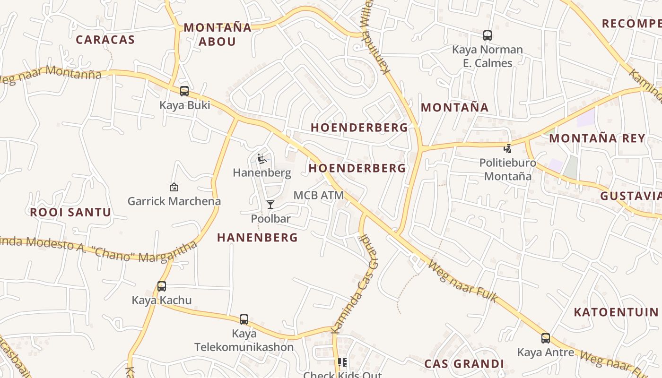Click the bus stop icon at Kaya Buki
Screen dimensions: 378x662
tap(184, 91)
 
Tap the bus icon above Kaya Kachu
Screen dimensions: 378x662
tap(162, 286)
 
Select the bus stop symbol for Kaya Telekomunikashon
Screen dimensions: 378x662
tap(244, 319)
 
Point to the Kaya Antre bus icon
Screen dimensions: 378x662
tap(546, 338)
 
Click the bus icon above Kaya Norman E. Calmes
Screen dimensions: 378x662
tap(488, 35)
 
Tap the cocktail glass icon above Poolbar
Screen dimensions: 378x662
tap(270, 205)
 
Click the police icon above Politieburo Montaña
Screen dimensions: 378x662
tap(508, 149)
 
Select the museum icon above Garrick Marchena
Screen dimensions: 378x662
tap(174, 187)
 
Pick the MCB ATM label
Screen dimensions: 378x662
tap(318, 195)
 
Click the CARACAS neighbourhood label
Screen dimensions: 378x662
tap(105, 40)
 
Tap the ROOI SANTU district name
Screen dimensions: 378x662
tap(70, 212)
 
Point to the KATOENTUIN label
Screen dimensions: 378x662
tap(616, 312)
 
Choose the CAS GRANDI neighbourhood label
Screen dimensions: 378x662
tap(464, 364)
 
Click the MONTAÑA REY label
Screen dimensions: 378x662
tap(597, 138)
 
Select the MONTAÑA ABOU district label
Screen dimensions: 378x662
tap(218, 34)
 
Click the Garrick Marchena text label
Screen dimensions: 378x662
tap(174, 201)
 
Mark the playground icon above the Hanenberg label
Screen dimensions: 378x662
tap(261, 159)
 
